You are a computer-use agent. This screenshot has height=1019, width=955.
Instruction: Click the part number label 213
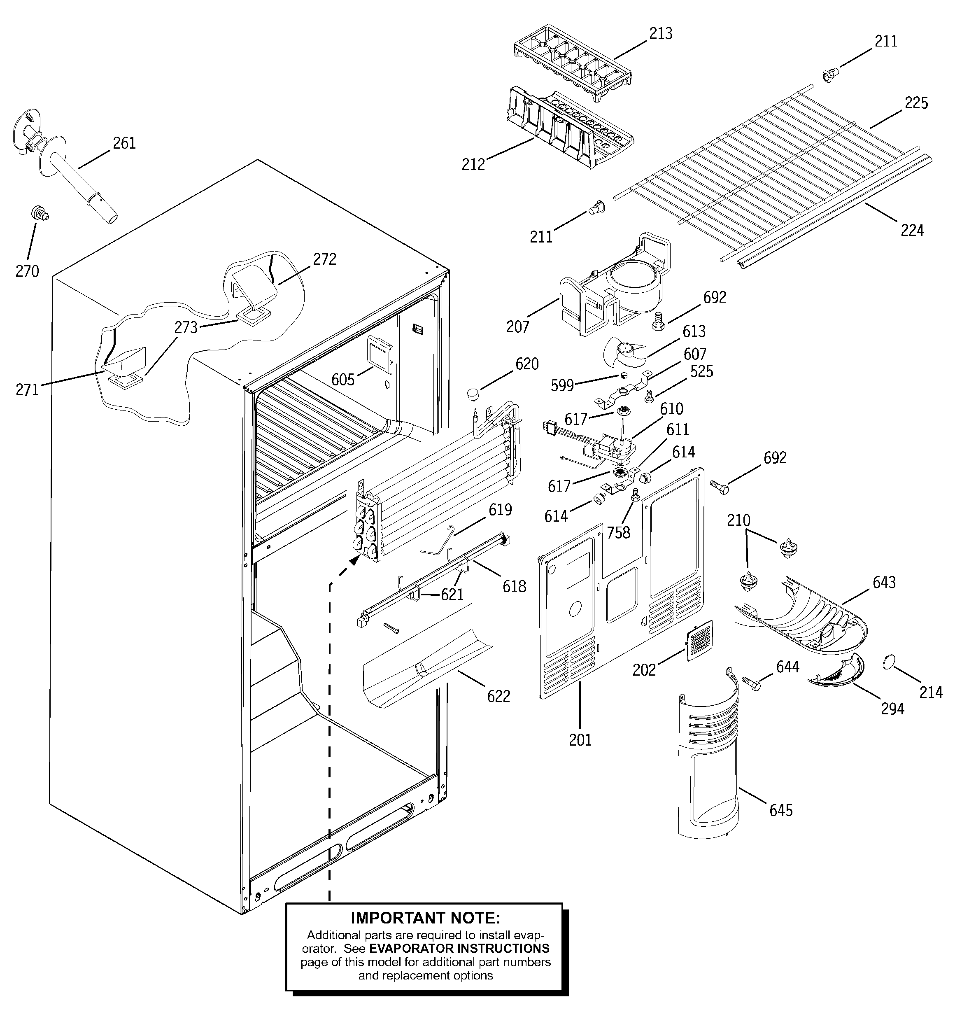(660, 34)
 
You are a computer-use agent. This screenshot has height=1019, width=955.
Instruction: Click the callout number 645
(781, 810)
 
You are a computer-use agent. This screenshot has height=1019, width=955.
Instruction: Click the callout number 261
(124, 143)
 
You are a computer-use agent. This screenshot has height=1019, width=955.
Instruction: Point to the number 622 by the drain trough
(498, 697)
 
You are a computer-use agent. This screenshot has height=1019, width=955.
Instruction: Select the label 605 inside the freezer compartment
(343, 380)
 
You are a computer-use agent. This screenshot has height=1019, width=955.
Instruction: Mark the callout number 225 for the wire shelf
(916, 103)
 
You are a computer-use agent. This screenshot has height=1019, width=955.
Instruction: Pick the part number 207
(517, 326)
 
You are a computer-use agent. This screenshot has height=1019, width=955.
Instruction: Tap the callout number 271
(27, 390)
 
